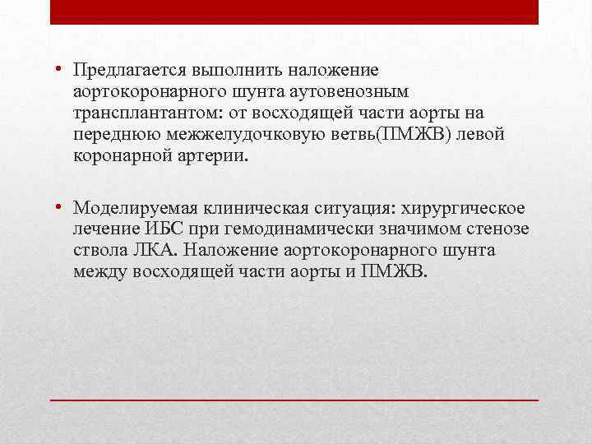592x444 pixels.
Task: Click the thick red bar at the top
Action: coord(294,12)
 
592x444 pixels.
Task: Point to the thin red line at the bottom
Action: coord(294,399)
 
